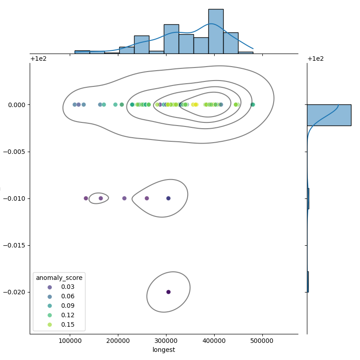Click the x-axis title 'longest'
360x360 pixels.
pyautogui.click(x=164, y=350)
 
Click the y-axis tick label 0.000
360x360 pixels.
pyautogui.click(x=16, y=105)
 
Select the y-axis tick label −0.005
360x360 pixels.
pyautogui.click(x=14, y=152)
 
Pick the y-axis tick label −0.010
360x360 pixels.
pyautogui.click(x=14, y=198)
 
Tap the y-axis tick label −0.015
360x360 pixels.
pyautogui.click(x=14, y=245)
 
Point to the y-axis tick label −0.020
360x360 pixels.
pyautogui.click(x=14, y=292)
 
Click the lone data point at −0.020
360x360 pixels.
pyautogui.click(x=168, y=292)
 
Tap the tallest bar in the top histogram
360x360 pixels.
pyautogui.click(x=216, y=31)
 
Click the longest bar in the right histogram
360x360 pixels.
pyautogui.click(x=329, y=115)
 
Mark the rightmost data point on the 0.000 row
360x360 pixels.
pyautogui.click(x=252, y=105)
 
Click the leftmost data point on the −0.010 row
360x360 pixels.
pyautogui.click(x=86, y=198)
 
